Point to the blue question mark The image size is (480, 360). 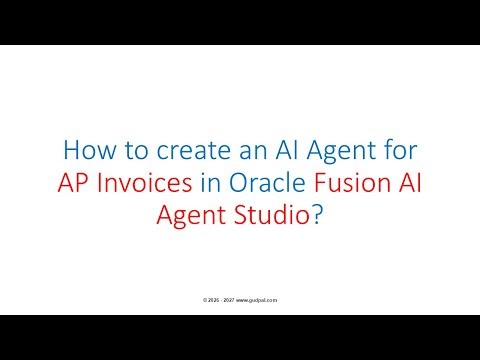(x=317, y=217)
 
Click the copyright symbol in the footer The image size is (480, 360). (x=204, y=299)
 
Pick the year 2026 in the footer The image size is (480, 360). (x=213, y=299)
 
